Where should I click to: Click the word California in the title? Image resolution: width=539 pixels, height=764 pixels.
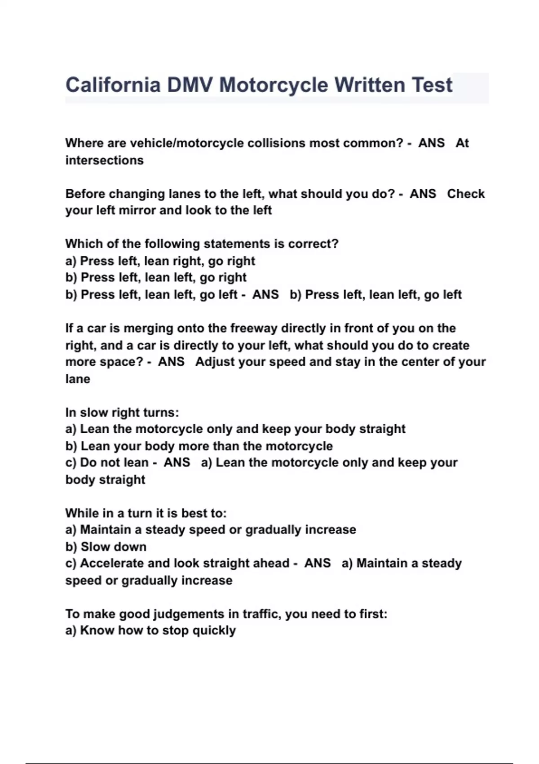pyautogui.click(x=113, y=85)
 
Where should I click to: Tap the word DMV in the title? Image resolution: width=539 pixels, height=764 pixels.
pyautogui.click(x=190, y=85)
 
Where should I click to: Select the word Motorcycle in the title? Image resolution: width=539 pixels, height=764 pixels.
pyautogui.click(x=274, y=85)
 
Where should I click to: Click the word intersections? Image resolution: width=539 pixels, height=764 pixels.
pyautogui.click(x=105, y=160)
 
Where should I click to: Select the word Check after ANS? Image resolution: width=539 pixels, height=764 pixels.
pyautogui.click(x=466, y=194)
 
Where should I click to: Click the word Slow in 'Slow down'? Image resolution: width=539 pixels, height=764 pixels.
pyautogui.click(x=95, y=547)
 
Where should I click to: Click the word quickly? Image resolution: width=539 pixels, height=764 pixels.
pyautogui.click(x=214, y=631)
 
